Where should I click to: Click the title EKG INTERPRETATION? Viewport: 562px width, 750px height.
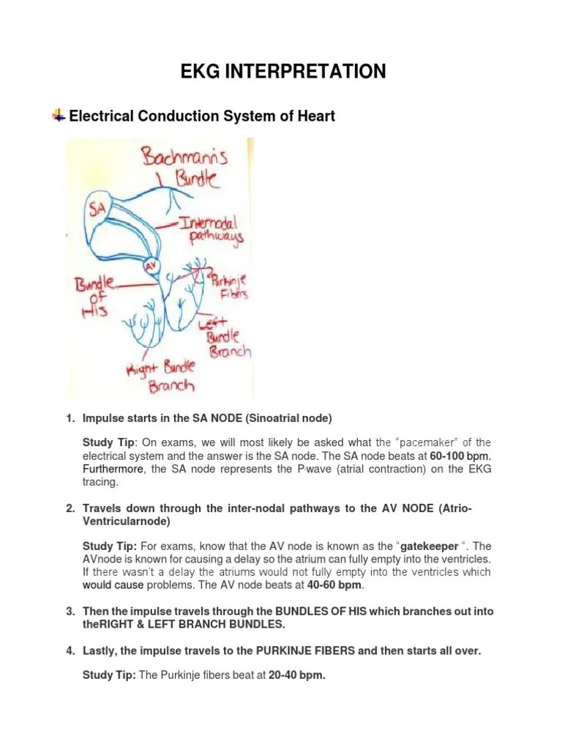284,71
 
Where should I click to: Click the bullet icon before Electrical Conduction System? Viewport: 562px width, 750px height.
58,116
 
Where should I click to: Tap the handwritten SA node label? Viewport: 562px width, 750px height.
97,209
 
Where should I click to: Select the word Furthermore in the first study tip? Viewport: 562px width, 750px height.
109,469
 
